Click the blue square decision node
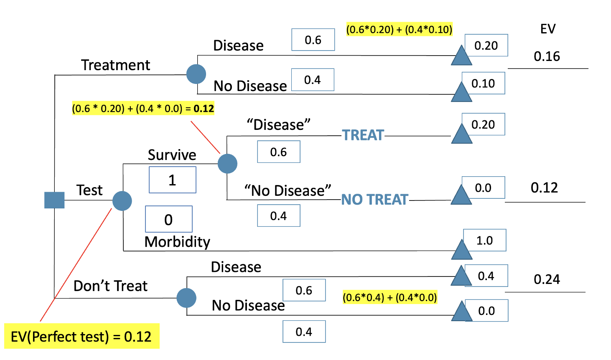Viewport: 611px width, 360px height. (54, 200)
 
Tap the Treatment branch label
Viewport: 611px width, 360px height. (115, 65)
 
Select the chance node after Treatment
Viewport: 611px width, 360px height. (196, 74)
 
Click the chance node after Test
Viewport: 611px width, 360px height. (122, 201)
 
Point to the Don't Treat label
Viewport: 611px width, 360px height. (110, 286)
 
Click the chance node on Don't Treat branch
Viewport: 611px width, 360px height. (186, 298)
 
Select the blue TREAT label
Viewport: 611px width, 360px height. (363, 135)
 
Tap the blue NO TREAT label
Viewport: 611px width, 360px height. (374, 200)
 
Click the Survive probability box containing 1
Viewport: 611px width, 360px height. (172, 180)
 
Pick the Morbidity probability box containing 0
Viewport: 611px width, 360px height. (168, 219)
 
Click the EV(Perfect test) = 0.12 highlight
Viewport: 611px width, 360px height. (81, 336)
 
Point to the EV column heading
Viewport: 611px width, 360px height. (547, 29)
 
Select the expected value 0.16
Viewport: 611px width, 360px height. (547, 56)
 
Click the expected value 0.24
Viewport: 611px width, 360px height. (547, 279)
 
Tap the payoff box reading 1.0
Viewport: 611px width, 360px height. (485, 240)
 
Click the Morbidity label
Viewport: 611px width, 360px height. (177, 242)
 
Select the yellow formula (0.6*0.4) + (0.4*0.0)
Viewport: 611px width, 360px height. (390, 297)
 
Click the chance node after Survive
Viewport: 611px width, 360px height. (227, 163)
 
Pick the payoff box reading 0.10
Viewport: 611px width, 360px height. (483, 83)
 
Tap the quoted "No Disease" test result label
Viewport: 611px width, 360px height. (288, 190)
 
